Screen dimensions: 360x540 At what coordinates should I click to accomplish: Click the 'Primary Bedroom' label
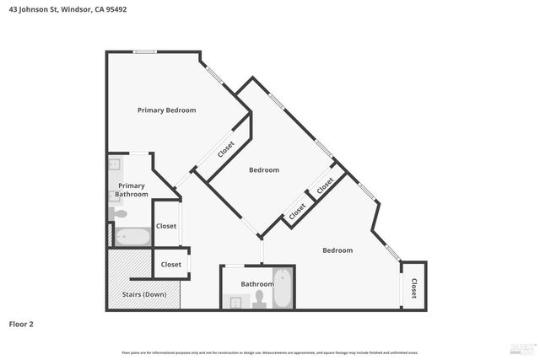click(x=167, y=110)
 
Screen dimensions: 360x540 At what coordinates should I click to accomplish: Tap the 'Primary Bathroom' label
click(x=132, y=191)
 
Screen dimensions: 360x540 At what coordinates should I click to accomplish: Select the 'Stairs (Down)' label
click(x=144, y=294)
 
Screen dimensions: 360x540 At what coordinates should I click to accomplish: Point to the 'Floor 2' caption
click(x=22, y=324)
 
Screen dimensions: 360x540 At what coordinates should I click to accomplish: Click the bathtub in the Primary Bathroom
click(x=132, y=236)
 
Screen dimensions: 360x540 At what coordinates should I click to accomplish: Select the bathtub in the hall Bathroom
click(x=283, y=288)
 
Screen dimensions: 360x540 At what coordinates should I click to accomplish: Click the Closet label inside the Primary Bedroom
click(x=226, y=150)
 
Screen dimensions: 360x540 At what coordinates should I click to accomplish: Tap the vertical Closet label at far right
click(x=413, y=290)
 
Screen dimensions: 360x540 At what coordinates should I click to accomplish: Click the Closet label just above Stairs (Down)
click(x=171, y=265)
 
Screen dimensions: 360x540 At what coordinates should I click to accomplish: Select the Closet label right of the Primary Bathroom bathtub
click(x=166, y=226)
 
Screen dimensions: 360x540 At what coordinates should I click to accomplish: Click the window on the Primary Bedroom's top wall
click(x=145, y=53)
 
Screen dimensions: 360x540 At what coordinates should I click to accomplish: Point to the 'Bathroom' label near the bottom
click(x=257, y=284)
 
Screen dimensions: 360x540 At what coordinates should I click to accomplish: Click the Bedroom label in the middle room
click(x=264, y=170)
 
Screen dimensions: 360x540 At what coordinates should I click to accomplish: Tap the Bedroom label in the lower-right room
click(x=337, y=250)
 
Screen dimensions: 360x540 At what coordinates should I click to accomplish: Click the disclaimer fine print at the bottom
click(x=270, y=352)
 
